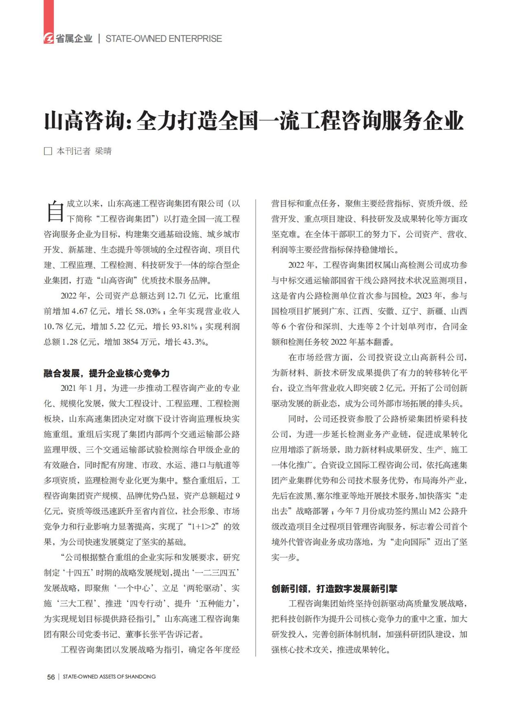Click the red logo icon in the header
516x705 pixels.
[49, 39]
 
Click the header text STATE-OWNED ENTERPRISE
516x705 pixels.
[164, 39]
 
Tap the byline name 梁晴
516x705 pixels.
[103, 151]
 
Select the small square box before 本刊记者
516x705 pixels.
[48, 151]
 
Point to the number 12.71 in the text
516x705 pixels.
[179, 296]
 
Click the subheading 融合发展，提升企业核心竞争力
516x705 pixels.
[106, 373]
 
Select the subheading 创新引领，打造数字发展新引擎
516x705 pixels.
[334, 589]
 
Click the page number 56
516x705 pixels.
[51, 677]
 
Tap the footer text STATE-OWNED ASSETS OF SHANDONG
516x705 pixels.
[109, 677]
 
